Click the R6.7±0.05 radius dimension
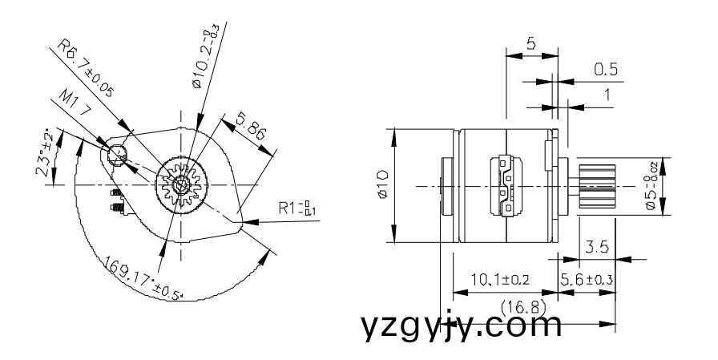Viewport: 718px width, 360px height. (x=84, y=71)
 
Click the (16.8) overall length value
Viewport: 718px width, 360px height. (x=522, y=306)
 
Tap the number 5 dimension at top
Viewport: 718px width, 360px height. (x=531, y=45)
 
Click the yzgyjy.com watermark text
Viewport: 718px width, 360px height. (x=460, y=327)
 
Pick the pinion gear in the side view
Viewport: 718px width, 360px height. (x=593, y=186)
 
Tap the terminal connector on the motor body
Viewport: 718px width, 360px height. (x=506, y=186)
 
